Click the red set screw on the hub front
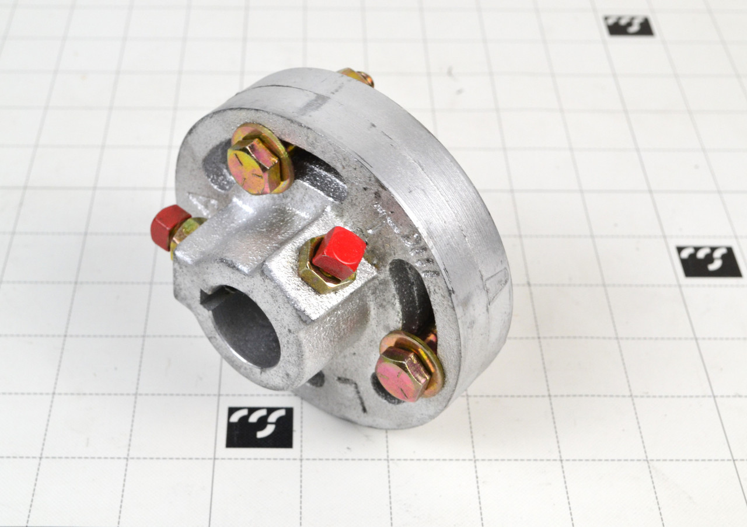pyautogui.click(x=338, y=253)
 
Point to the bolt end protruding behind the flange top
pyautogui.click(x=357, y=76)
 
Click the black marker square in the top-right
pyautogui.click(x=628, y=26)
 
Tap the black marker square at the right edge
pyautogui.click(x=708, y=261)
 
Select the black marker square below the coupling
pyautogui.click(x=259, y=427)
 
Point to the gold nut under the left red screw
pyautogui.click(x=186, y=232)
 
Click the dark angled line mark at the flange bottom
pyautogui.click(x=354, y=391)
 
